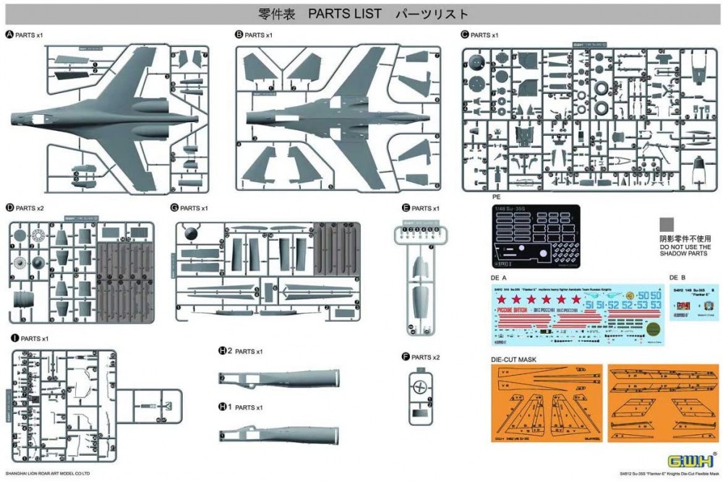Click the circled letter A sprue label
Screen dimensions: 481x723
(9, 35)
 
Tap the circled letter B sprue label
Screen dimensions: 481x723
(239, 35)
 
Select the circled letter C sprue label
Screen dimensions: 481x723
(465, 35)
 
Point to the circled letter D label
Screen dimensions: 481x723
(9, 208)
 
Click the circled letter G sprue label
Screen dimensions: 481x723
(174, 208)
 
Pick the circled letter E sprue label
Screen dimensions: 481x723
(406, 208)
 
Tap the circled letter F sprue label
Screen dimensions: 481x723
(406, 357)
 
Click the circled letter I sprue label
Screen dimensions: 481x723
(14, 338)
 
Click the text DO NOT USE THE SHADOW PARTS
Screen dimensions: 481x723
(685, 251)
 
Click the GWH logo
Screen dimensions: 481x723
(690, 461)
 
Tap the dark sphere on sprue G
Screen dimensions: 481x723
(190, 232)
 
